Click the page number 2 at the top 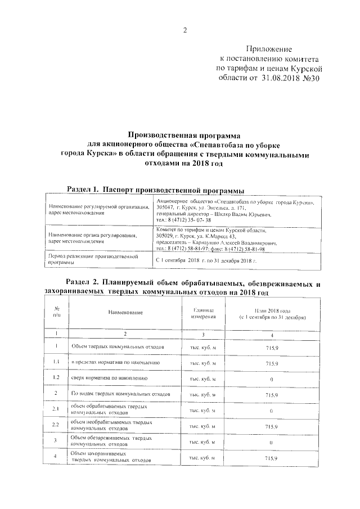[x=184, y=30]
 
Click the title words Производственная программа [x=184, y=135]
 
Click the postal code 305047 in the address [x=166, y=208]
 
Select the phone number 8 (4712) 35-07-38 [x=178, y=220]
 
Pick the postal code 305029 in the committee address [x=166, y=236]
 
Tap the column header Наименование [x=125, y=312]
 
